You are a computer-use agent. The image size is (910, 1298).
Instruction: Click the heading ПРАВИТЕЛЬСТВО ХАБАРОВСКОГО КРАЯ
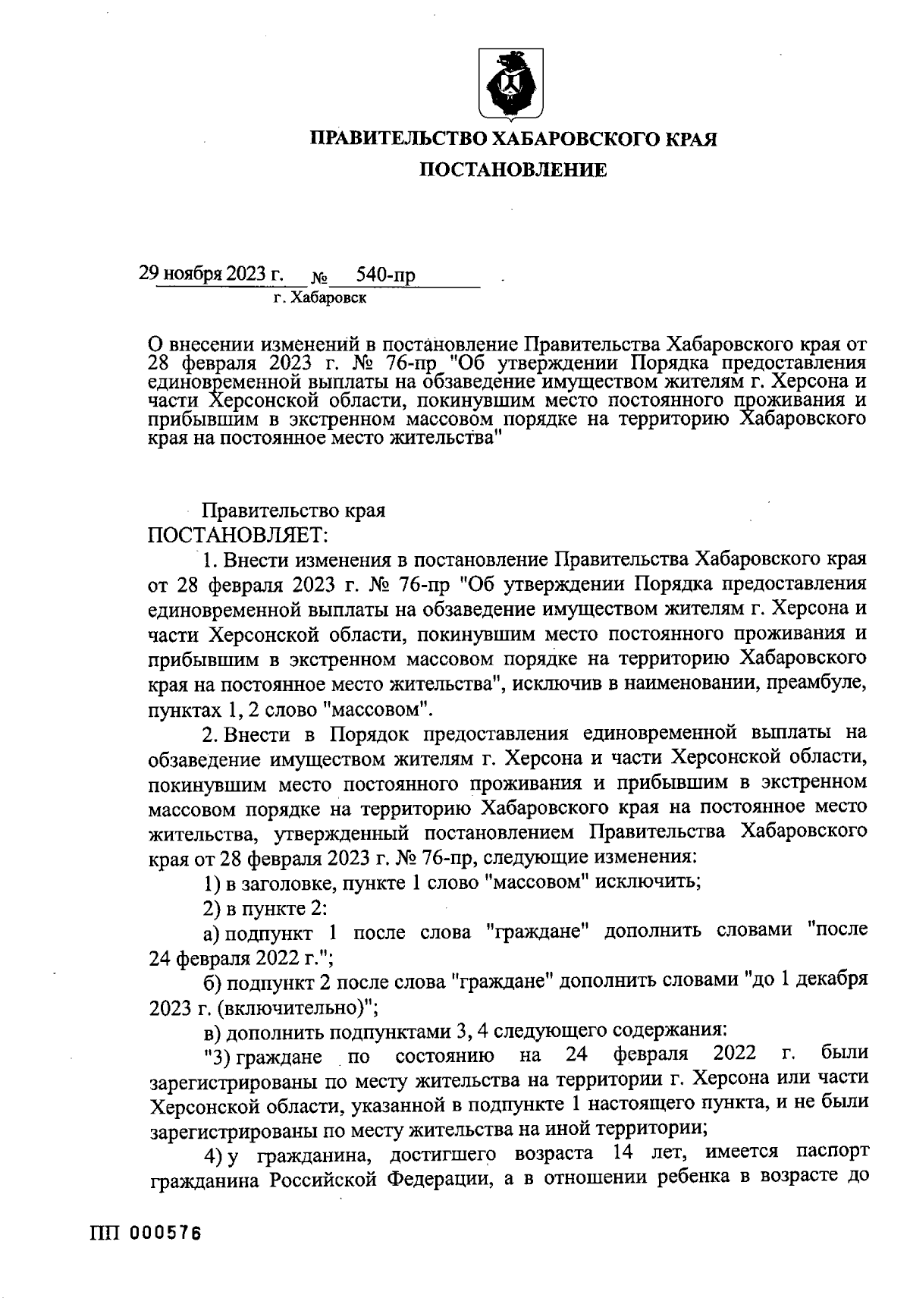point(513,139)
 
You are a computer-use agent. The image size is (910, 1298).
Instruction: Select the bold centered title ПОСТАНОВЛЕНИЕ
point(513,171)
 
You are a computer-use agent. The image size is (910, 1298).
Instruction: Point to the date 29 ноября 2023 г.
point(210,274)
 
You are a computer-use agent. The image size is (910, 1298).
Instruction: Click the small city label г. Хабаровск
point(320,299)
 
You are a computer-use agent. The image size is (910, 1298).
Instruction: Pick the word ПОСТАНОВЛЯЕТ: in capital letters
point(237,536)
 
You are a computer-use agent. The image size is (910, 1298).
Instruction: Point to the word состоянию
point(445,1056)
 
